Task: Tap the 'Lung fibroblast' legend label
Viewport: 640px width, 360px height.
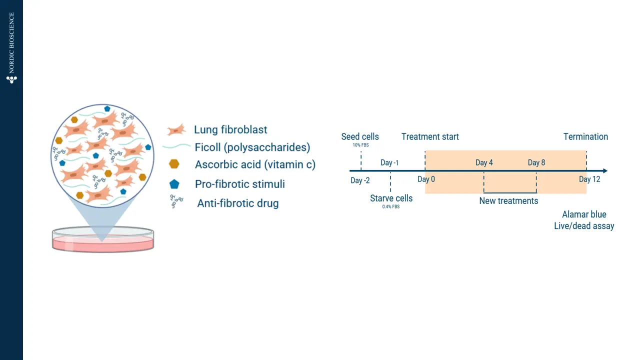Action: (x=230, y=130)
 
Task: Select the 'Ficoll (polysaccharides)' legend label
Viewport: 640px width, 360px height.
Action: (x=252, y=147)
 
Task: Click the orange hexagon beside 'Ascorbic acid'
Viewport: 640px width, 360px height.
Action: (x=174, y=164)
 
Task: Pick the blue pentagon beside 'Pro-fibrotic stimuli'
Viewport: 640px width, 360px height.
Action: (x=174, y=184)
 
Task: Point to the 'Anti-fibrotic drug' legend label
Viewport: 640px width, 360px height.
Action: (x=237, y=203)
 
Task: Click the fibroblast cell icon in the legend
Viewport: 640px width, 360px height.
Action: (x=176, y=130)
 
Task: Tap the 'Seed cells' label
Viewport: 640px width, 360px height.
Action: (x=360, y=136)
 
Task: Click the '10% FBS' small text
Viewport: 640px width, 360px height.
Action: (x=360, y=145)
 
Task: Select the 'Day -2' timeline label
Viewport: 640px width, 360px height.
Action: (x=360, y=180)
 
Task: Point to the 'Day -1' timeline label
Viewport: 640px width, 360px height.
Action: (x=389, y=162)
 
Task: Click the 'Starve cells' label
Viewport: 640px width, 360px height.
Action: (x=391, y=198)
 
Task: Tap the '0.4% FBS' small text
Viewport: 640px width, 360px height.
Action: (x=391, y=207)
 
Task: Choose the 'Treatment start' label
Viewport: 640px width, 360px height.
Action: (x=430, y=136)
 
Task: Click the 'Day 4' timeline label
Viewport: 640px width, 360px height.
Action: (x=484, y=162)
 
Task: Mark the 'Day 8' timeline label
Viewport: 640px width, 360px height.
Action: (x=536, y=162)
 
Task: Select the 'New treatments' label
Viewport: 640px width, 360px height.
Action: (x=508, y=201)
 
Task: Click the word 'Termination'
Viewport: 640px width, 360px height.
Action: (x=585, y=136)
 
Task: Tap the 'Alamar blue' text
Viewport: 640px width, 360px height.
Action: (x=584, y=214)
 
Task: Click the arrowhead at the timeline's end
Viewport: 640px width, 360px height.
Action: (x=604, y=171)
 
